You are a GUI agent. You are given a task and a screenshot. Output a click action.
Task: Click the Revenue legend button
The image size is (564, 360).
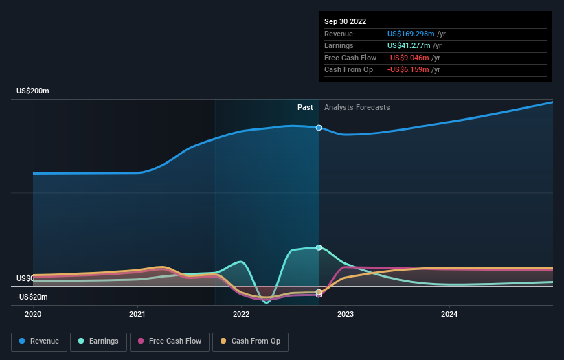pos(39,341)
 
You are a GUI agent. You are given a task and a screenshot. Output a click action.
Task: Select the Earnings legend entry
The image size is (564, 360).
pos(98,341)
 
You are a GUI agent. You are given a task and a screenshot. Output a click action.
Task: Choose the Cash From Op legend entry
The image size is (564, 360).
pos(251,341)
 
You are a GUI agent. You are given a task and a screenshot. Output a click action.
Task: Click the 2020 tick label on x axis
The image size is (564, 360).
pos(33,314)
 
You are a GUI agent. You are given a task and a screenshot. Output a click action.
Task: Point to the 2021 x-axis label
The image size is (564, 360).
pos(137,314)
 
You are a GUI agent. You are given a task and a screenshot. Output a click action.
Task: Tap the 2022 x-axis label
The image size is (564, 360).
pos(241,314)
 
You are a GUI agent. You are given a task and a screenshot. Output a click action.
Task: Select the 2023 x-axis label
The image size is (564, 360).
pos(346,314)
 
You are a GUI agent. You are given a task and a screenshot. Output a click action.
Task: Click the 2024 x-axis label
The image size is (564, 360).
pos(449,314)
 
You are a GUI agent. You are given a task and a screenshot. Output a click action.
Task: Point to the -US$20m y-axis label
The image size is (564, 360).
pos(33,297)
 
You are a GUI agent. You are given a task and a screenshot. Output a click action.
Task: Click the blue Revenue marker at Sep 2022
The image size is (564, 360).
pos(319,128)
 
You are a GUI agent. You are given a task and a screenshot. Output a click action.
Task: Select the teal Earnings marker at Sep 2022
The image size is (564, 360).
pos(319,247)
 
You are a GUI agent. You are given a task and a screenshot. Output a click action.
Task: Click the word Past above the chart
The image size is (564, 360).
pos(305,108)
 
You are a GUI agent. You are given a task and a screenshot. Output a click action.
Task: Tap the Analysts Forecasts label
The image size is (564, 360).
pos(357,108)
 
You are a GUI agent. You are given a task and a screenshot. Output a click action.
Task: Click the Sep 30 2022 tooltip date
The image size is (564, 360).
pos(345,21)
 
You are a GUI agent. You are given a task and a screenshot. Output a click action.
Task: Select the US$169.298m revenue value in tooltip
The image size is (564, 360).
pos(411,34)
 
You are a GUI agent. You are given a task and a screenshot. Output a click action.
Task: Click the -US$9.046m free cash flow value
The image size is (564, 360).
pos(409,58)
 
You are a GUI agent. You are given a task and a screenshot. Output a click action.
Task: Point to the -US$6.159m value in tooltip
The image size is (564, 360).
pos(409,70)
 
